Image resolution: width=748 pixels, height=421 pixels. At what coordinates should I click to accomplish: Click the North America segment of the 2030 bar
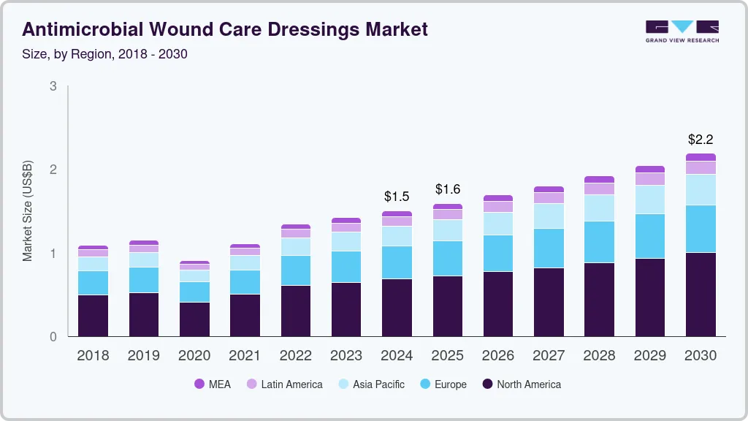701,295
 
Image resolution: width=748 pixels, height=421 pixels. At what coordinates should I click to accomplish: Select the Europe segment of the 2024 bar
397,262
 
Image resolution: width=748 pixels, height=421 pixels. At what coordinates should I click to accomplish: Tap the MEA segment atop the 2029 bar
650,169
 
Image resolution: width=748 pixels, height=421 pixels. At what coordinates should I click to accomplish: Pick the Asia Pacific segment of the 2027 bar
549,216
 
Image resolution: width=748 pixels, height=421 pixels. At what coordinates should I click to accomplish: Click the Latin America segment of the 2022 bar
296,233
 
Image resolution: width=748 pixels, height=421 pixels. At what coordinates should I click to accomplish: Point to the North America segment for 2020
194,319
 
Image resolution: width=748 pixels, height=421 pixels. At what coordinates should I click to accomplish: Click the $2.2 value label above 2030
701,139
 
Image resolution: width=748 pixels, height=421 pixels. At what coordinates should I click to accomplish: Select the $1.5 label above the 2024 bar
397,197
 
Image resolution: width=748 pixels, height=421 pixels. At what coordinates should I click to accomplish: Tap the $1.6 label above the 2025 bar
448,189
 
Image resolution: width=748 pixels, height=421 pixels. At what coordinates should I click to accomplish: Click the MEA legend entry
212,384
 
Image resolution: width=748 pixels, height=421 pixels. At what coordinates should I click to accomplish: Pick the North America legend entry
521,384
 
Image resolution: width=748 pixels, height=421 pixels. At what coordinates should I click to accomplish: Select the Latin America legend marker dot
251,384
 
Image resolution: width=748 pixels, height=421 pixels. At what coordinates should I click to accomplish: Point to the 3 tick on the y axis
53,86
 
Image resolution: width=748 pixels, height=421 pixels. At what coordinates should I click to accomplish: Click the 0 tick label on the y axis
53,337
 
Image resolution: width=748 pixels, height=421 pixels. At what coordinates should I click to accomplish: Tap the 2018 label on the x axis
93,355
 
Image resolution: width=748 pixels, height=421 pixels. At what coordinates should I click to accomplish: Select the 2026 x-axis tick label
498,355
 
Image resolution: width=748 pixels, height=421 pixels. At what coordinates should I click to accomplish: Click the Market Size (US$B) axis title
28,211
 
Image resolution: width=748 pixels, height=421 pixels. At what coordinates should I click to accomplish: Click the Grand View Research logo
682,31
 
